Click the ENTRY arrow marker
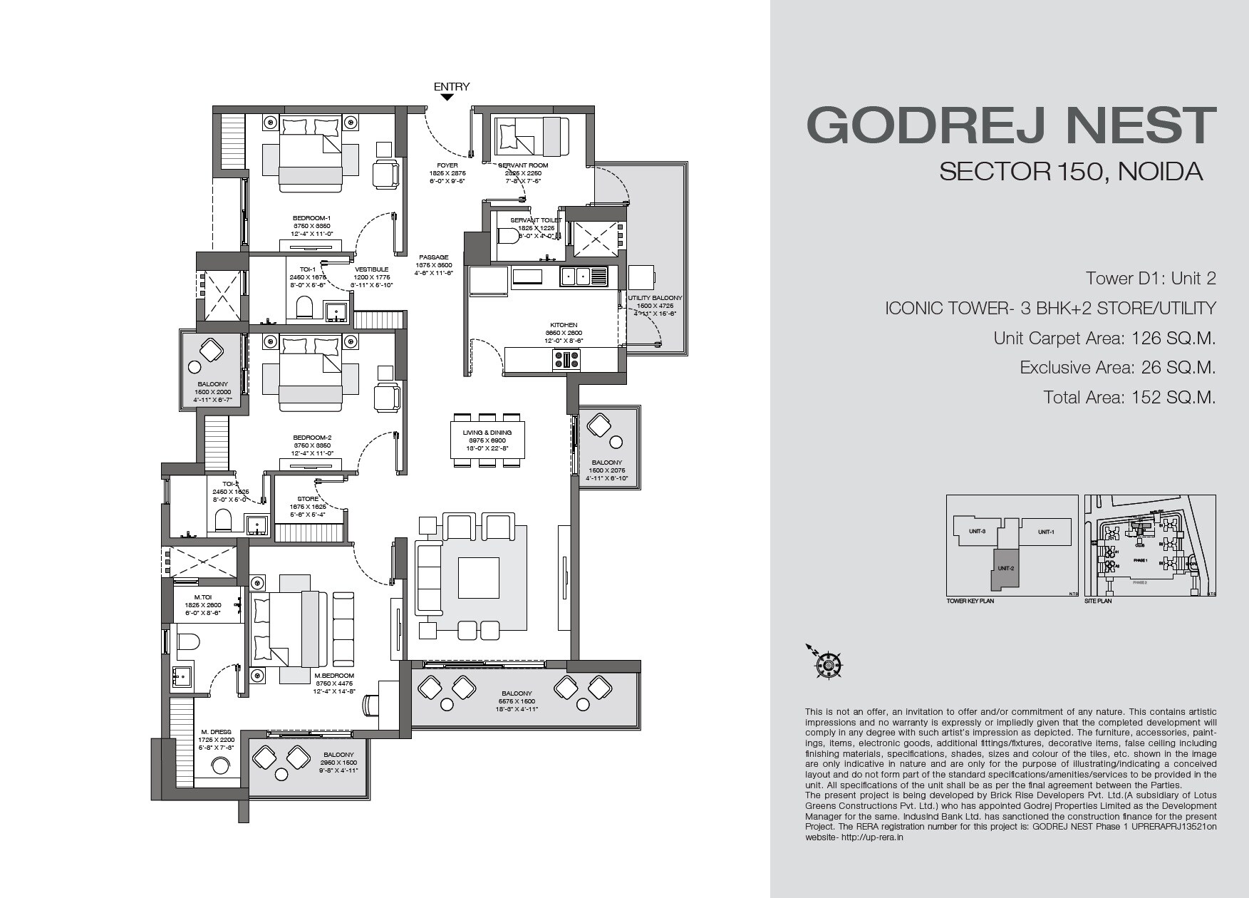[x=446, y=98]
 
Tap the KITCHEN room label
[x=564, y=325]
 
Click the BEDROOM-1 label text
[x=311, y=218]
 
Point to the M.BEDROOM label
[x=334, y=676]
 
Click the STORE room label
[x=308, y=499]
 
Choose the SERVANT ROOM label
[x=523, y=165]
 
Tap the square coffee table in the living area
[x=478, y=577]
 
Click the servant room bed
[x=532, y=135]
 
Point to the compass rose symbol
[x=829, y=665]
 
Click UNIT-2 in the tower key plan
[x=1005, y=568]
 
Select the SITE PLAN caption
[x=1097, y=601]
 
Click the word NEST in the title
[x=1144, y=126]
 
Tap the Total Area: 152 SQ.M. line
[x=1129, y=397]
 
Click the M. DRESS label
[x=216, y=733]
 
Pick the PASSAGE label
[x=433, y=257]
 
